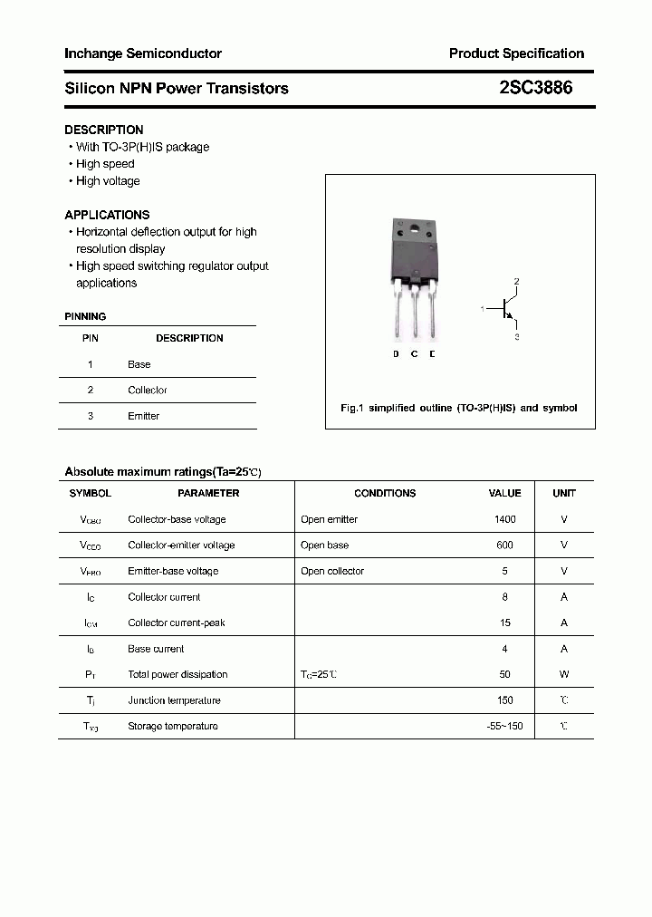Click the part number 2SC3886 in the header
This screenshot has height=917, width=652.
[535, 88]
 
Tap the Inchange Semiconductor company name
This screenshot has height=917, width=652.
[143, 53]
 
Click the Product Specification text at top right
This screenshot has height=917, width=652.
[516, 53]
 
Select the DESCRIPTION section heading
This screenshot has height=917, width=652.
[104, 130]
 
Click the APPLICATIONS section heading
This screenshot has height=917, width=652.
[107, 215]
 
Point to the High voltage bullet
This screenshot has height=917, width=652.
[108, 181]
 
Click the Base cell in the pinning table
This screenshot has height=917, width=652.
[139, 364]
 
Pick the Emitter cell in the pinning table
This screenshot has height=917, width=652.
[143, 416]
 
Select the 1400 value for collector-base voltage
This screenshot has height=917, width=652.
[504, 519]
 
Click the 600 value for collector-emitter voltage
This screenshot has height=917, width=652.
[504, 545]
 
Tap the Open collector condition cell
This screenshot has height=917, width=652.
[332, 571]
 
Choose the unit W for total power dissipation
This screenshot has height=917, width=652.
[564, 674]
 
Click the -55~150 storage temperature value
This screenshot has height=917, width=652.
[504, 726]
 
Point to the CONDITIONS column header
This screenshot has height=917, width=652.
[385, 494]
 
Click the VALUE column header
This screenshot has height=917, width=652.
[504, 494]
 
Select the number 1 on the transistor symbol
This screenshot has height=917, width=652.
[483, 310]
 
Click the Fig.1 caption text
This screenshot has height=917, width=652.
[458, 409]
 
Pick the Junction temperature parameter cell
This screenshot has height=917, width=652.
[173, 700]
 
